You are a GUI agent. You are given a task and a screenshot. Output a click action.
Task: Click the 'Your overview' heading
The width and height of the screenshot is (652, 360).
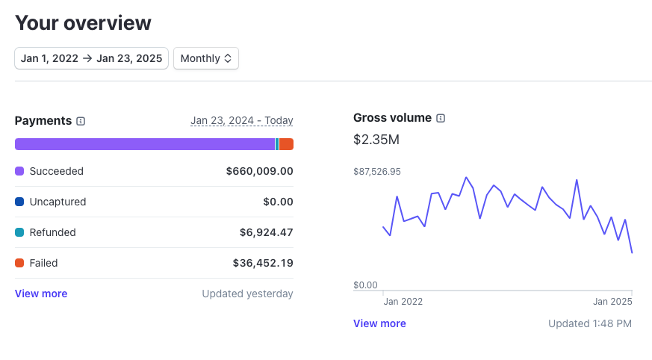pos(83,22)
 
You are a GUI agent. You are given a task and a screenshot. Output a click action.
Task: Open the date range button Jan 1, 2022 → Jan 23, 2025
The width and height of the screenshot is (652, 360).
pos(91,58)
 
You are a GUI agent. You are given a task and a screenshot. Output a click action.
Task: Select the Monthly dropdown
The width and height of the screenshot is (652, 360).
pos(206,58)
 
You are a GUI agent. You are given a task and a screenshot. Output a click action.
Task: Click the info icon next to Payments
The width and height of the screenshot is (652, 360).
pos(81,121)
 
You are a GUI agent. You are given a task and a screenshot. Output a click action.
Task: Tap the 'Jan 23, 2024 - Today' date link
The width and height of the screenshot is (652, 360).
pos(241,120)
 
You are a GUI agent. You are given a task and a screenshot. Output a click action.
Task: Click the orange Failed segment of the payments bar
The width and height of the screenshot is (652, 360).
pos(286,144)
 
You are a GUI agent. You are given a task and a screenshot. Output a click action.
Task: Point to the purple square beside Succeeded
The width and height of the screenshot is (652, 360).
pos(19,171)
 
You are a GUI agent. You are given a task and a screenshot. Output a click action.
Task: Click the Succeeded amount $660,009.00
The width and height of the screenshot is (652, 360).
pos(259,171)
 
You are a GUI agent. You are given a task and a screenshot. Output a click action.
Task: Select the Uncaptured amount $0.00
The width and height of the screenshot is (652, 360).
pos(278,202)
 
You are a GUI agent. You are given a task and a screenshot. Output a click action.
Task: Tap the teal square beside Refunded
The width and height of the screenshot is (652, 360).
pos(19,232)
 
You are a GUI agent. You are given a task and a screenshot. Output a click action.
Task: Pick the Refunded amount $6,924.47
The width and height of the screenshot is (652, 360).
pos(266,232)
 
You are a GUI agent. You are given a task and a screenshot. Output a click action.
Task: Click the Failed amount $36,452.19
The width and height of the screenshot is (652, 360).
pos(263,263)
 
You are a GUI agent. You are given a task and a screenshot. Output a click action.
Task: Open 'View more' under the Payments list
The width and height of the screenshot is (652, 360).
pos(41,294)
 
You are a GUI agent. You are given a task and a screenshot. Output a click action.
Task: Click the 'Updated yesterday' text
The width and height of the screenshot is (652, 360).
pos(247,294)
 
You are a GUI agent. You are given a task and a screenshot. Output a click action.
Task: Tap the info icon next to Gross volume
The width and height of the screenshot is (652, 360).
pos(441,118)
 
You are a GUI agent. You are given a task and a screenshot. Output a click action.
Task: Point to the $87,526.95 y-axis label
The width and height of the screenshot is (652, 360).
pos(377,171)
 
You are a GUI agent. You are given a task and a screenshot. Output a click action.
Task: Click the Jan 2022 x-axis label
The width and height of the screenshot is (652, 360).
pos(403,302)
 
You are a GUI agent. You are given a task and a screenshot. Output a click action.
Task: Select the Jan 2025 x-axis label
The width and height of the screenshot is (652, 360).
pos(612,302)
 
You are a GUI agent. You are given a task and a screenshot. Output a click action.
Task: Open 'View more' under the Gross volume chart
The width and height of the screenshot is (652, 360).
pos(379,323)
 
